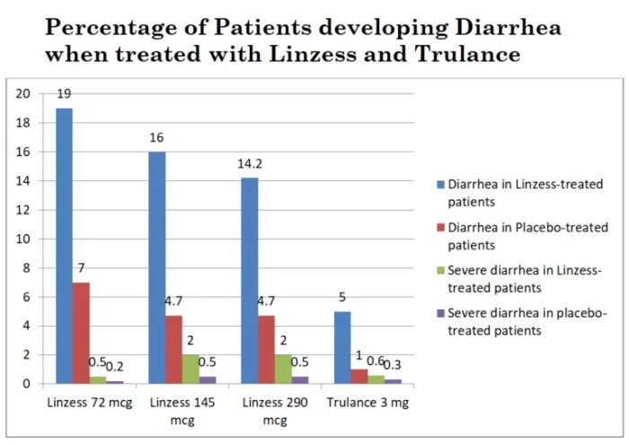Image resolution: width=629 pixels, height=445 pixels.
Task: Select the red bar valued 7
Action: [x=81, y=333]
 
